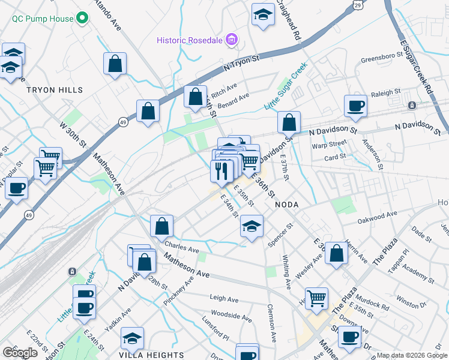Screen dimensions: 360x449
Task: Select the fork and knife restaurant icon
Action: (221, 171)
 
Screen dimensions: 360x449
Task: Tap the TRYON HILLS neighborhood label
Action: (54, 90)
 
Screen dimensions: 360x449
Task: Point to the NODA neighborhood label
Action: (286, 205)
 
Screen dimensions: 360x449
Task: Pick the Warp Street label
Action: (329, 144)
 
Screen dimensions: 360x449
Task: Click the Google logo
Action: (20, 353)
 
